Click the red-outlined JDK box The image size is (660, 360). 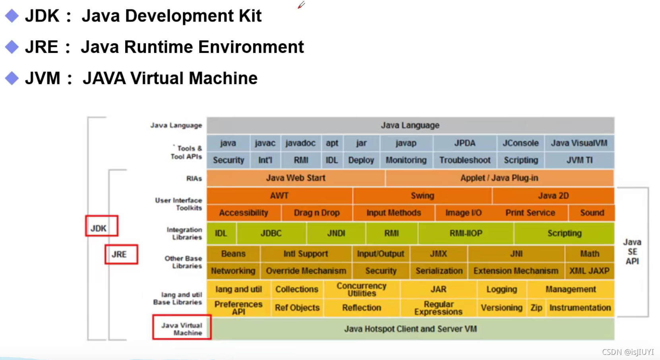click(x=101, y=226)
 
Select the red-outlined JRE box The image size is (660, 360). click(x=121, y=254)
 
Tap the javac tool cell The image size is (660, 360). click(x=265, y=143)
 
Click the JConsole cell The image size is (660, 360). click(x=520, y=143)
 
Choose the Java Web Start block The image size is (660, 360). click(x=296, y=178)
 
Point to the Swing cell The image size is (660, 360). click(x=422, y=195)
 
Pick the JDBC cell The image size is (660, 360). click(x=271, y=233)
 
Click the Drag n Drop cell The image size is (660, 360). click(x=317, y=213)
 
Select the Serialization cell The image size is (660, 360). click(x=439, y=271)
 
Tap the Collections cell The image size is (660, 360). click(x=297, y=289)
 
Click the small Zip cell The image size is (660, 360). click(x=536, y=308)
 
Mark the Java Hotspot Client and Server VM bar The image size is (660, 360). click(x=410, y=329)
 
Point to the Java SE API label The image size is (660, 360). click(x=632, y=252)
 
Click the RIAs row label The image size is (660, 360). click(x=194, y=178)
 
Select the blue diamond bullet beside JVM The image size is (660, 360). click(x=12, y=78)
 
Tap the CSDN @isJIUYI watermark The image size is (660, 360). click(x=627, y=352)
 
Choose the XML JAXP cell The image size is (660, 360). click(x=589, y=271)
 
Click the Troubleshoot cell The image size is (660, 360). click(x=465, y=160)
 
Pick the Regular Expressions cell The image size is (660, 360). click(x=438, y=308)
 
